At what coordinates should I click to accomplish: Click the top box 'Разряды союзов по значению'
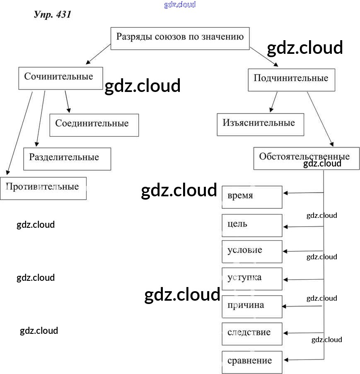[180, 38]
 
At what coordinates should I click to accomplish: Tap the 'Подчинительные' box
[291, 80]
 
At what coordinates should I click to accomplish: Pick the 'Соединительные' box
[94, 125]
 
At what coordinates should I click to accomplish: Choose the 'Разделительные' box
[67, 159]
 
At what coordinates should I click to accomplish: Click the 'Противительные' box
[43, 188]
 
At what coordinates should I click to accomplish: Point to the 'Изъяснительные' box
[260, 124]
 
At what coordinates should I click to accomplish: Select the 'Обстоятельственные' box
[306, 158]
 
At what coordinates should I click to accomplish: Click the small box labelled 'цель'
[252, 225]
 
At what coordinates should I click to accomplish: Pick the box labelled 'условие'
[252, 251]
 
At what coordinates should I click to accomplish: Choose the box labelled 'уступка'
[252, 279]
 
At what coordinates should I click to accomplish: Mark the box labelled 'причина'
[252, 306]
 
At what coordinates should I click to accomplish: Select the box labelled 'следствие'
[252, 334]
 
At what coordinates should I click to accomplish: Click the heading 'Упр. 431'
[53, 15]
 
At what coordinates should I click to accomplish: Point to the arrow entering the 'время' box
[303, 193]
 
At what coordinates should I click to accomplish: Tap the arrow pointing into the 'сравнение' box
[303, 360]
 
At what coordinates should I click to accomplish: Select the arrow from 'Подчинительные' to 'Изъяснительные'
[274, 102]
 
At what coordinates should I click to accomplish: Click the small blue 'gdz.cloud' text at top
[180, 5]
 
